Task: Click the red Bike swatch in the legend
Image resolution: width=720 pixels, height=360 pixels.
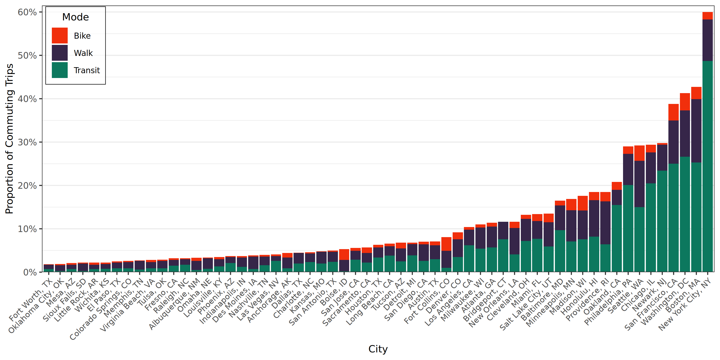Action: [x=60, y=36]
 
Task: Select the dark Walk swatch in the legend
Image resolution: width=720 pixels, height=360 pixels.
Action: [x=60, y=53]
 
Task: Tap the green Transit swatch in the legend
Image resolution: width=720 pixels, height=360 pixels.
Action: [x=60, y=70]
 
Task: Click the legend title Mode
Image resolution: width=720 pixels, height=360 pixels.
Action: [x=75, y=17]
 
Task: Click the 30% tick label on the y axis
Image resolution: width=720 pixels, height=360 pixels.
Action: [x=27, y=142]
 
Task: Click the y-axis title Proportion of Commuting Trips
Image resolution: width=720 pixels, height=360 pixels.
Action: [x=9, y=139]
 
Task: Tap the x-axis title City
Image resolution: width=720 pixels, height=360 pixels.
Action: [x=378, y=349]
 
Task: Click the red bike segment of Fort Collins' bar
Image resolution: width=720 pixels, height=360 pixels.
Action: [x=446, y=244]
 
